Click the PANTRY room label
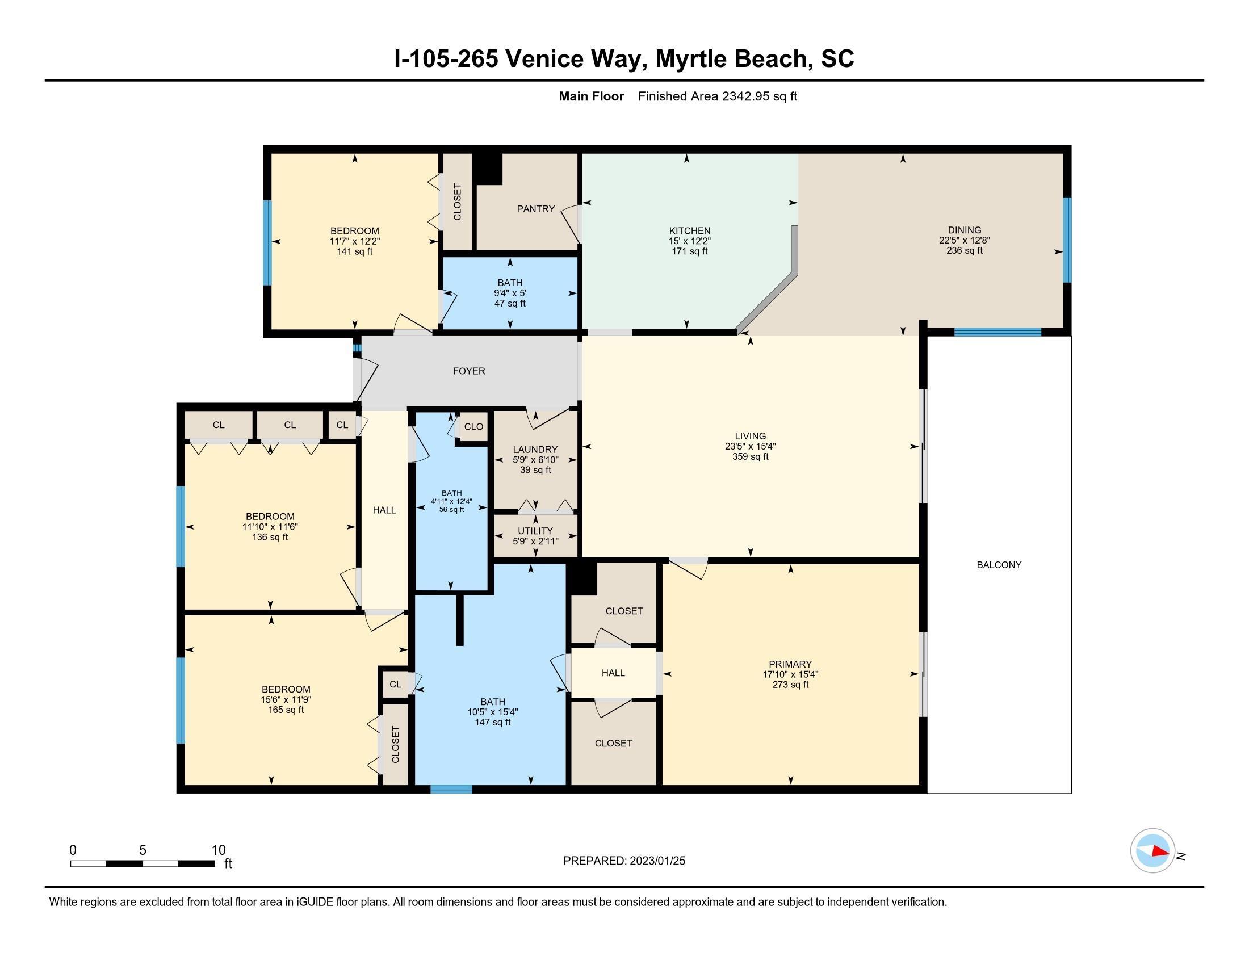536,209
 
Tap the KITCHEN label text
690,231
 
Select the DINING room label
964,230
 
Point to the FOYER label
469,371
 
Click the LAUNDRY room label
535,450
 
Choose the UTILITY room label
535,531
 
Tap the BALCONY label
999,565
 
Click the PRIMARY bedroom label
790,664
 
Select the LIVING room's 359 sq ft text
751,457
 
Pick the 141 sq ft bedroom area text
355,251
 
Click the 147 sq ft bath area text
492,723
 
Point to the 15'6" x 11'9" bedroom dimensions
286,700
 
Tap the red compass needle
1160,851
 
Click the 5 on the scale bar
142,850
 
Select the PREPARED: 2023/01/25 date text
624,861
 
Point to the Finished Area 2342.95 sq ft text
717,96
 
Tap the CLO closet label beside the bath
473,427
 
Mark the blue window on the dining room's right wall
1067,240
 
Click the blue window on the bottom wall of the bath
451,790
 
